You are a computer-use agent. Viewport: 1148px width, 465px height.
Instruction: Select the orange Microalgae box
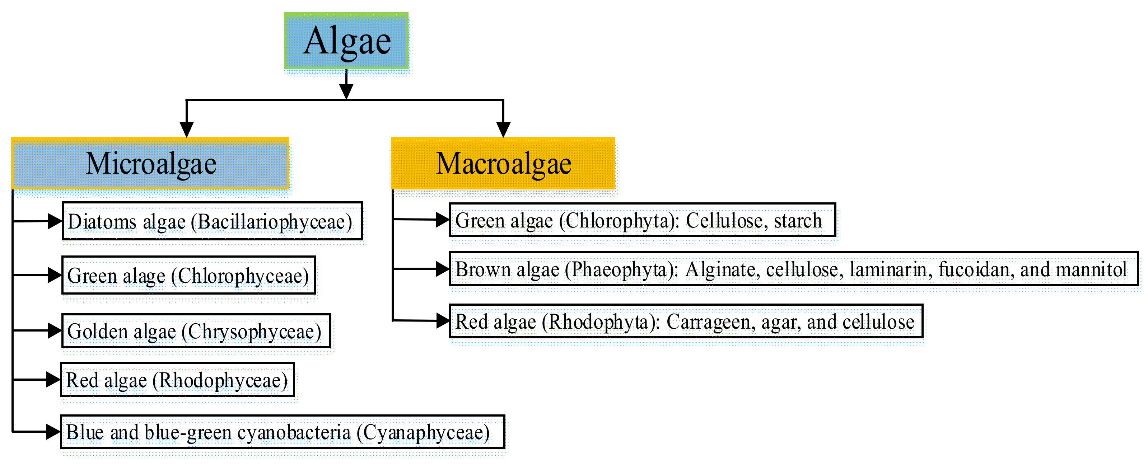click(150, 164)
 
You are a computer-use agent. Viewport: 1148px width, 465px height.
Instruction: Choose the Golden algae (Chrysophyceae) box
click(196, 331)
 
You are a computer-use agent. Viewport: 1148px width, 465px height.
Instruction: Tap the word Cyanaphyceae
click(426, 432)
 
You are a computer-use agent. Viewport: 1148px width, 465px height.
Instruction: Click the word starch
click(798, 220)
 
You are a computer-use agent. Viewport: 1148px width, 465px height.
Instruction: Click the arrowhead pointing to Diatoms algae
click(54, 221)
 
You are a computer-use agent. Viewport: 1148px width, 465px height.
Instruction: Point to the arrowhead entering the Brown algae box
click(442, 269)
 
